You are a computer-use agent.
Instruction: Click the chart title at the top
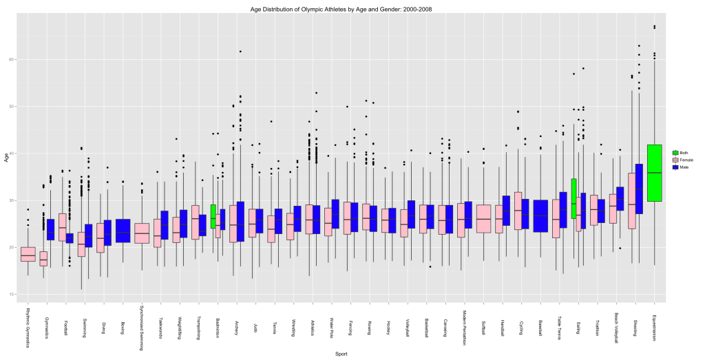point(352,8)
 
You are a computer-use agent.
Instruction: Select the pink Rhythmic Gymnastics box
point(28,254)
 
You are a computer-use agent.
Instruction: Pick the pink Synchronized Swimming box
point(142,233)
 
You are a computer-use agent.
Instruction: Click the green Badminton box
point(213,216)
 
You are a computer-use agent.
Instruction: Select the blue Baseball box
point(540,215)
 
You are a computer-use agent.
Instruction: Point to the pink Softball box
point(484,218)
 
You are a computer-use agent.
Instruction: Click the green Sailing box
point(574,198)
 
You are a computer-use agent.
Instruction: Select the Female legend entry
point(678,160)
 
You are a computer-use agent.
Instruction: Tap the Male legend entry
point(678,167)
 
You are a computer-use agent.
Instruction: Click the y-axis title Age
point(5,158)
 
